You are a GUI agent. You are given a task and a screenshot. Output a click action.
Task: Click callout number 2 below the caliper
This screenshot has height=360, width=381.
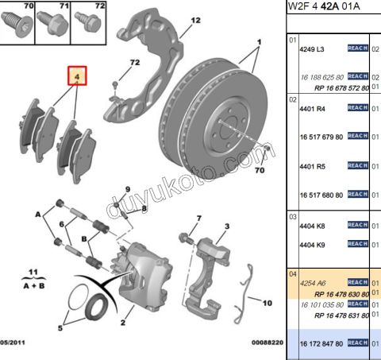click(122, 323)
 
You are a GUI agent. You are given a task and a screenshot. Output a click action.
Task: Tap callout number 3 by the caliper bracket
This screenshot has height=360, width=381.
click(225, 226)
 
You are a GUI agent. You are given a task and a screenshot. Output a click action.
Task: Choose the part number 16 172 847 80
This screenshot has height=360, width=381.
click(321, 343)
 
